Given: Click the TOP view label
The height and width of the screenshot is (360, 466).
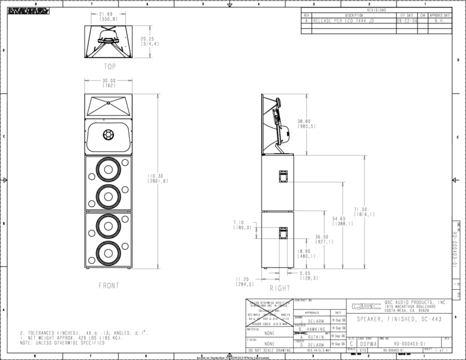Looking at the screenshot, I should [x=109, y=67].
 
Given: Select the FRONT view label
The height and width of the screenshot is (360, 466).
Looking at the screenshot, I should [x=109, y=286].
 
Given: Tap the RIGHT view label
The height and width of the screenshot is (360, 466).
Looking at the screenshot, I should [x=280, y=288].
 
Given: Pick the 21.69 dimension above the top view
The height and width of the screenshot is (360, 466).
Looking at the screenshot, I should [x=108, y=16].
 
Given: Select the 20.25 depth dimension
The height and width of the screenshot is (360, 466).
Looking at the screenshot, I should [x=150, y=41].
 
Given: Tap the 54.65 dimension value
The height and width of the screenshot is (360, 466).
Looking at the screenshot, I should [x=339, y=221].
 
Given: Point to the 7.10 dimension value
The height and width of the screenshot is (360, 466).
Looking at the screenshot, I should [x=243, y=225].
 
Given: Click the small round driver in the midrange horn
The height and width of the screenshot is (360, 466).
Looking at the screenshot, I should [x=108, y=134].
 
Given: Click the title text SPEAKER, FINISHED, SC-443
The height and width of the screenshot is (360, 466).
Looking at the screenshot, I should [x=399, y=319].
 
